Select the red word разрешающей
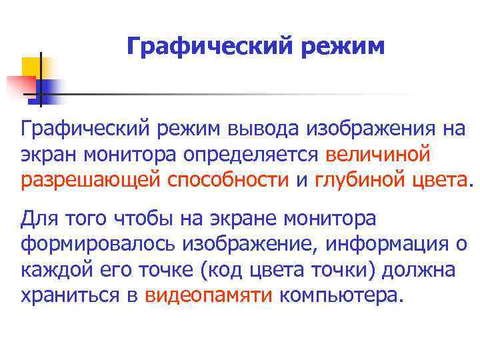tap(91, 179)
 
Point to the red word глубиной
tap(353, 179)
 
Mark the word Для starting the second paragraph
tap(39, 218)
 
